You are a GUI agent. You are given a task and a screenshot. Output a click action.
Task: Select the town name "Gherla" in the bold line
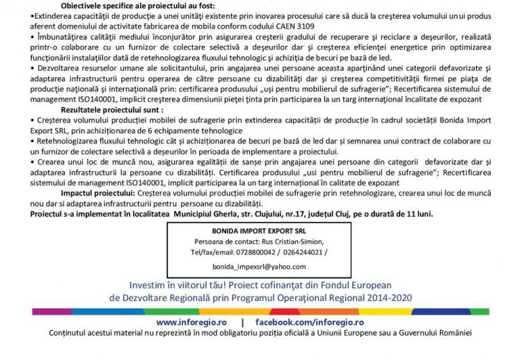pyautogui.click(x=231, y=214)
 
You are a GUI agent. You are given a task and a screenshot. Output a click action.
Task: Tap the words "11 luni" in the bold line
pyautogui.click(x=418, y=214)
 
